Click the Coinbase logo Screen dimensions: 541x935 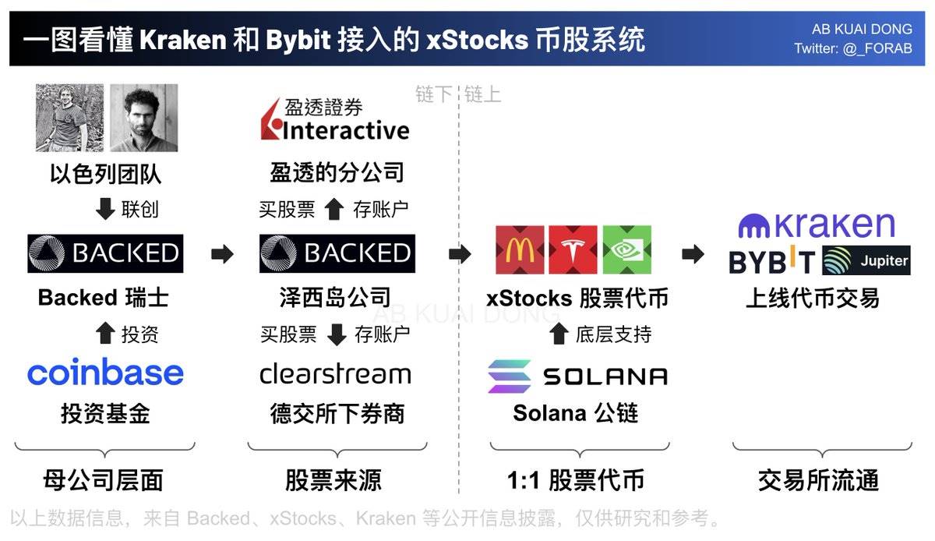click(105, 373)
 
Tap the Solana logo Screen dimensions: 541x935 click(577, 377)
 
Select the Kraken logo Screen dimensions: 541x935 click(817, 225)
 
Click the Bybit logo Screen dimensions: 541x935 click(772, 262)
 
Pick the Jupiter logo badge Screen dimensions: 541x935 click(866, 261)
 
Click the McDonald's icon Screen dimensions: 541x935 click(520, 250)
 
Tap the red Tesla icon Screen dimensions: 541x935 click(573, 250)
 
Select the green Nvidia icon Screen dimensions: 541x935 click(626, 250)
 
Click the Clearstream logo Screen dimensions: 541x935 click(335, 374)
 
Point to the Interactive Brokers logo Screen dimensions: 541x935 click(335, 121)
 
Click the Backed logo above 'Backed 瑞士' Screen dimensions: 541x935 click(105, 253)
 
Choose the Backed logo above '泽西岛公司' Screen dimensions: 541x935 click(337, 253)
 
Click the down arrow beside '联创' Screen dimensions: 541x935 click(105, 210)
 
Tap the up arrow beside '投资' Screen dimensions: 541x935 click(104, 334)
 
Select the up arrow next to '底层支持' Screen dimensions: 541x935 click(558, 334)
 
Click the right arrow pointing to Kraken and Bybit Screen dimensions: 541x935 click(693, 254)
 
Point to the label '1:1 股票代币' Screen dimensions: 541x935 click(576, 480)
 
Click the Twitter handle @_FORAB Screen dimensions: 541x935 click(852, 48)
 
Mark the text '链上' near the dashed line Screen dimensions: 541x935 click(482, 95)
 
